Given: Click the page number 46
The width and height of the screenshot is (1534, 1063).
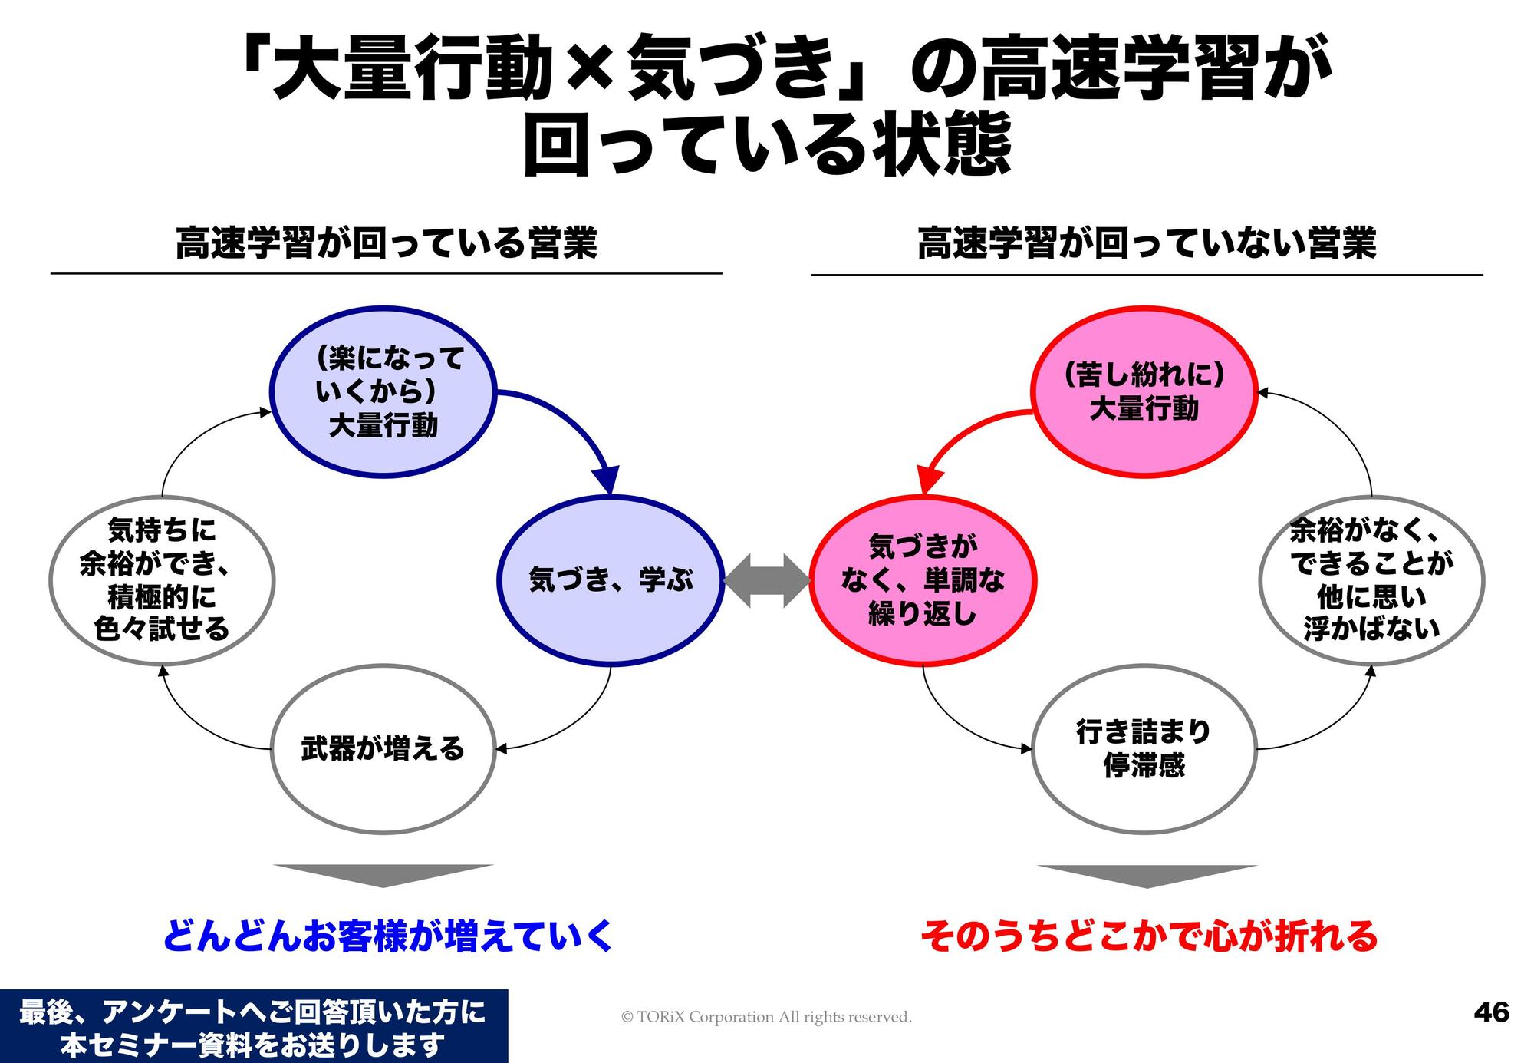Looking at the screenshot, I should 1491,1012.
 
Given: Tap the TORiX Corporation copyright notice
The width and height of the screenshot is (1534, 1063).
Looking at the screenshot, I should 766,1017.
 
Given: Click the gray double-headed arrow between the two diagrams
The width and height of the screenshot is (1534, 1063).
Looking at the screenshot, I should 766,580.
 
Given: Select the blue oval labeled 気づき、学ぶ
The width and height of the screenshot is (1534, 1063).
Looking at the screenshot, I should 611,580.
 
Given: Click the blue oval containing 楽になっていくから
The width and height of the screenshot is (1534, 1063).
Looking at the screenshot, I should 383,391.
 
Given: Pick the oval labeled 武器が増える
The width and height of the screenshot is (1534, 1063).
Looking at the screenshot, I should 383,749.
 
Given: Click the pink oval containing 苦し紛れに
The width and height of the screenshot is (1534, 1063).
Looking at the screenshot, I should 1144,391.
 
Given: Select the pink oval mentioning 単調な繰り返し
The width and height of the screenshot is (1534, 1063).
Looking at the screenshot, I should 923,580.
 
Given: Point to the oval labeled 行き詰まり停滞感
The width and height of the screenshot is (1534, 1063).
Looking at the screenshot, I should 1144,749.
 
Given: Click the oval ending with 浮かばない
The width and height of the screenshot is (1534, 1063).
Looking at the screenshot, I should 1371,580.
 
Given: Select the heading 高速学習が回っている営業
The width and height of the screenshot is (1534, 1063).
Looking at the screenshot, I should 387,244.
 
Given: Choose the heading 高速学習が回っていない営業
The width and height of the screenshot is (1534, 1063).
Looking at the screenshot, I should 1147,244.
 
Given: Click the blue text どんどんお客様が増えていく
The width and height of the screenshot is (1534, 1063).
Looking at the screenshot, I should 387,936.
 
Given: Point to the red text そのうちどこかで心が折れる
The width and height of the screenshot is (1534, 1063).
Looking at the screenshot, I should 1148,936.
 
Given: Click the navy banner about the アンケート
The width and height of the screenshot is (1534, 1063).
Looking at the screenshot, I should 253,1027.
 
